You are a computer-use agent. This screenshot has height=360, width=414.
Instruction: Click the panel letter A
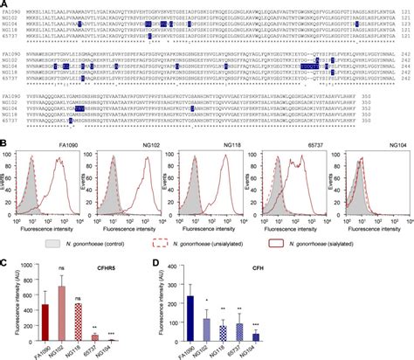pos(4,4)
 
